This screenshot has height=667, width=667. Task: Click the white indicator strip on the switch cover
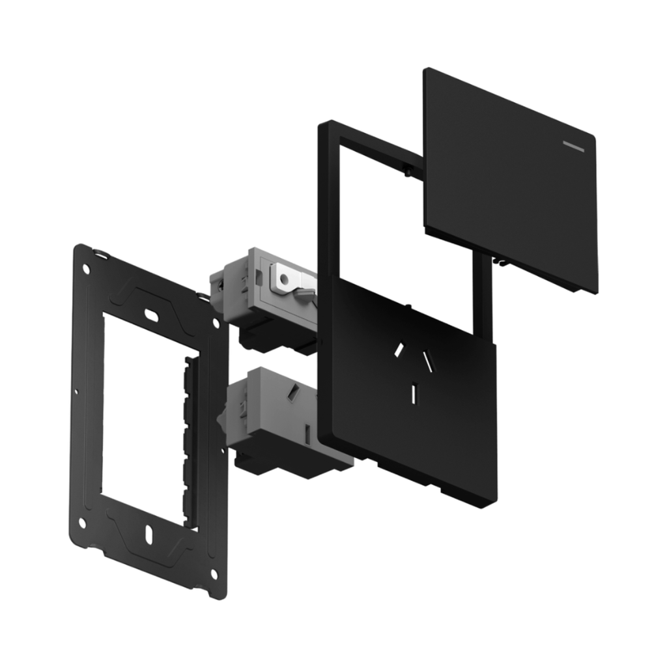(577, 145)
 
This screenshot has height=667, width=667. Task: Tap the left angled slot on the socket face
(398, 350)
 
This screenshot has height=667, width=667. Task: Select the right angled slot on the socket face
(428, 359)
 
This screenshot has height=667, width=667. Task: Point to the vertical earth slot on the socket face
(414, 393)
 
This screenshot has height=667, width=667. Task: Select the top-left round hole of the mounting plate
(87, 268)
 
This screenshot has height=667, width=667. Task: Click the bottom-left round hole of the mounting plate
(82, 522)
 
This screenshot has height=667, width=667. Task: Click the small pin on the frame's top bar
(406, 171)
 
